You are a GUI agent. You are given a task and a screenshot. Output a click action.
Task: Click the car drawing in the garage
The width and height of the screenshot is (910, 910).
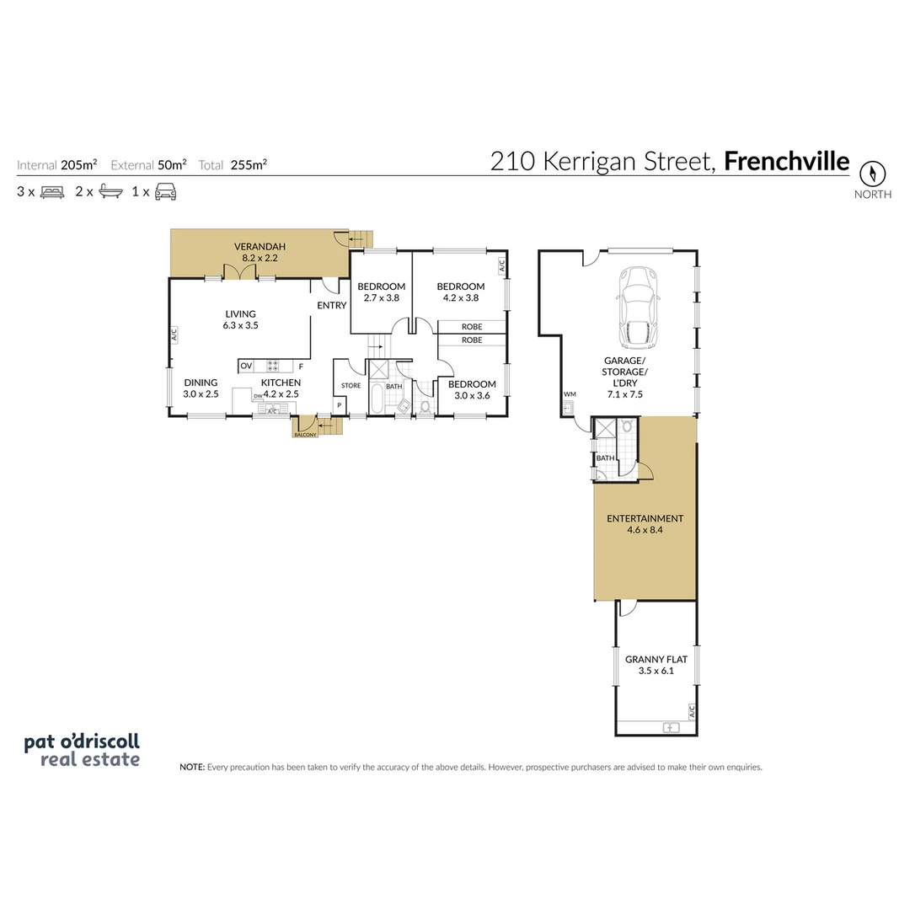point(638,308)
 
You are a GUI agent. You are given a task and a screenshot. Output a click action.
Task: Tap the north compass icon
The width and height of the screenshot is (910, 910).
point(873,174)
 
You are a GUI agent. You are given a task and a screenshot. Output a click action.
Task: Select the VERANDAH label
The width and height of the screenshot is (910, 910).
point(260,246)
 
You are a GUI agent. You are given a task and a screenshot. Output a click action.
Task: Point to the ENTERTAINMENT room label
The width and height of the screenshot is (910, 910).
point(645,518)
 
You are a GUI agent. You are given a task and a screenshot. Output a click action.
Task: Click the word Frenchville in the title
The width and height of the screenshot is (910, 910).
point(786,161)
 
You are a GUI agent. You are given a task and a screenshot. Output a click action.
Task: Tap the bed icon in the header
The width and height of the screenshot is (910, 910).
point(52,191)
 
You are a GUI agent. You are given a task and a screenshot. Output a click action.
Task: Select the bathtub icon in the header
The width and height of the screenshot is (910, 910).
point(110,191)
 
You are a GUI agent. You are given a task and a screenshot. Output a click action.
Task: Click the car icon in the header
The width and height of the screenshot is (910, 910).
point(165,191)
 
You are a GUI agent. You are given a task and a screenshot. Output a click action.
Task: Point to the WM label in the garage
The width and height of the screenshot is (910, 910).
point(569,394)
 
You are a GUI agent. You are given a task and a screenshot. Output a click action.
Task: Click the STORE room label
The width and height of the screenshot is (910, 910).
point(351,386)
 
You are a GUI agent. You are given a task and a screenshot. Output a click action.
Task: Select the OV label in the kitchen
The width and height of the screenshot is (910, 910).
point(246,366)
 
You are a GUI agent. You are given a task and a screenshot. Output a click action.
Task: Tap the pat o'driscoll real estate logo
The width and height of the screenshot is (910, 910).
point(82,750)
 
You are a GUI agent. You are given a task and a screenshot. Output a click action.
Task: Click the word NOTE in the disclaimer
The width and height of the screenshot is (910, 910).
point(192,768)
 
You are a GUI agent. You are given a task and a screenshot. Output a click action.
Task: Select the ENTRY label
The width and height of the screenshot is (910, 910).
point(331,305)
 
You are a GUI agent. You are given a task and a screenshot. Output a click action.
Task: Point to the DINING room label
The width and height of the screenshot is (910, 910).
point(201,382)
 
